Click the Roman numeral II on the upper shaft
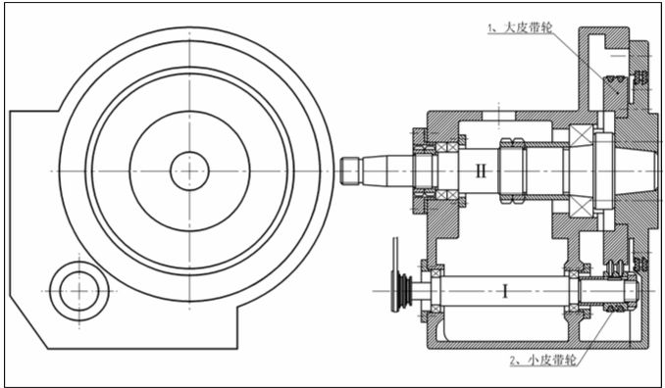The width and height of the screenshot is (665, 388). (481, 171)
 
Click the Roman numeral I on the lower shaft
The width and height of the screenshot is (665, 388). (505, 291)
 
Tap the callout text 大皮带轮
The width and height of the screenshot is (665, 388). (528, 28)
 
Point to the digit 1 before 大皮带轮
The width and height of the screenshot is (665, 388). (491, 28)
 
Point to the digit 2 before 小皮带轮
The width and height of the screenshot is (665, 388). (514, 361)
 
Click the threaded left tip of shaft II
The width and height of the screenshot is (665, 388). (350, 171)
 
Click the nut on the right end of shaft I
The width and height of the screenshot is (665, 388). (632, 291)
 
